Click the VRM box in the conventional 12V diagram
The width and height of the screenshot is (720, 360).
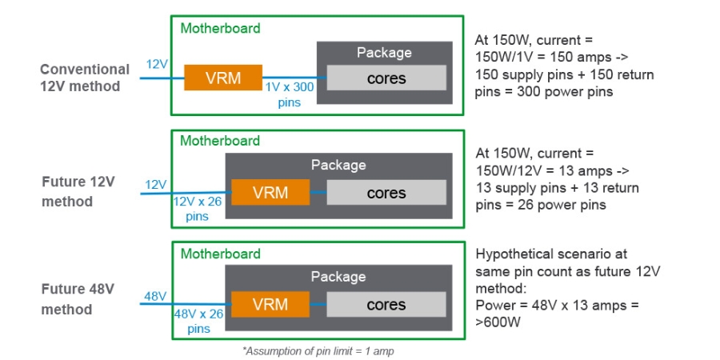tap(224, 78)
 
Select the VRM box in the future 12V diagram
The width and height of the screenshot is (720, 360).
tap(270, 193)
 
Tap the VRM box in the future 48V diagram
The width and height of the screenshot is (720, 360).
tap(270, 305)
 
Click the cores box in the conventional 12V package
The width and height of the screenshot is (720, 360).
tap(386, 78)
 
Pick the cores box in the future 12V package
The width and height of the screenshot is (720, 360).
tap(386, 193)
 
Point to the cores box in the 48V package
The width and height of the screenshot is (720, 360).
tap(386, 305)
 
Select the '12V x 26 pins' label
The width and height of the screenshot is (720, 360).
tap(196, 209)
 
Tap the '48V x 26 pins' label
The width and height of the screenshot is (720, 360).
tap(196, 322)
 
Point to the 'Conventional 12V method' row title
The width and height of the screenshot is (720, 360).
tap(84, 78)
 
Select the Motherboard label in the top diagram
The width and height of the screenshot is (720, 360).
tap(220, 28)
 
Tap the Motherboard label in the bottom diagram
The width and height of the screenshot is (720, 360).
tap(220, 254)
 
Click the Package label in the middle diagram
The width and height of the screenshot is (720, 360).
tap(338, 165)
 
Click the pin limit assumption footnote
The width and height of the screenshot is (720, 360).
tap(319, 350)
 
